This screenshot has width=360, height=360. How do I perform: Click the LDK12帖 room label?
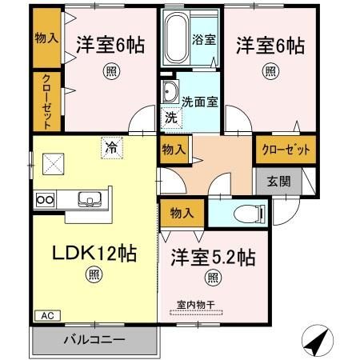point(95,254)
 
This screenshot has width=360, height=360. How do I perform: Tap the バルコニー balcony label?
point(94,339)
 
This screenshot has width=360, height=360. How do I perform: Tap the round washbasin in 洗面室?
point(169,93)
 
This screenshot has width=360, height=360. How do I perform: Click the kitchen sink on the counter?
point(86,199)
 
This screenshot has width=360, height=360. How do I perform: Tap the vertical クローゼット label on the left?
point(47,101)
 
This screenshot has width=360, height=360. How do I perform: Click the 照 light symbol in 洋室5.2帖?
point(213,278)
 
